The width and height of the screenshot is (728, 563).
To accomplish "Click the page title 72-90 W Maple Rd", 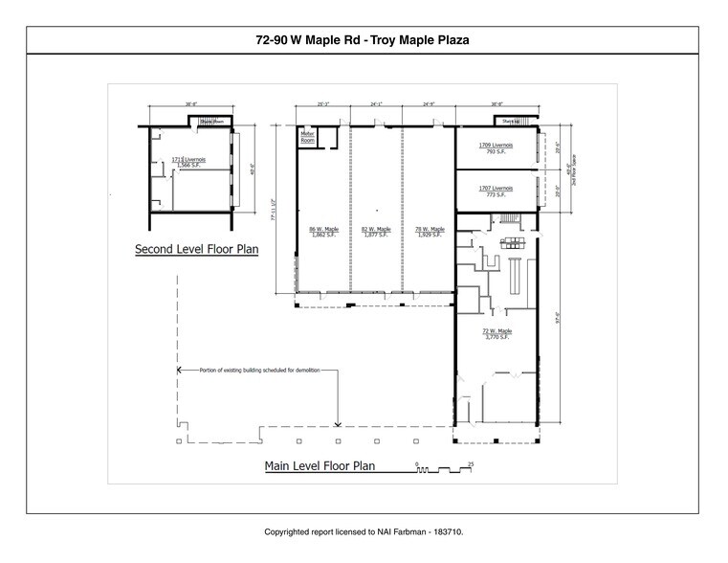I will (x=364, y=40).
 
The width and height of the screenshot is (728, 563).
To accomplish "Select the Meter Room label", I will (x=308, y=136).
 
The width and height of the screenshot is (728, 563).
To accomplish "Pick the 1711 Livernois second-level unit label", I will (x=185, y=161).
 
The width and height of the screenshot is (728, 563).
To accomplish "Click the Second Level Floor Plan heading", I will (x=198, y=249).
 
